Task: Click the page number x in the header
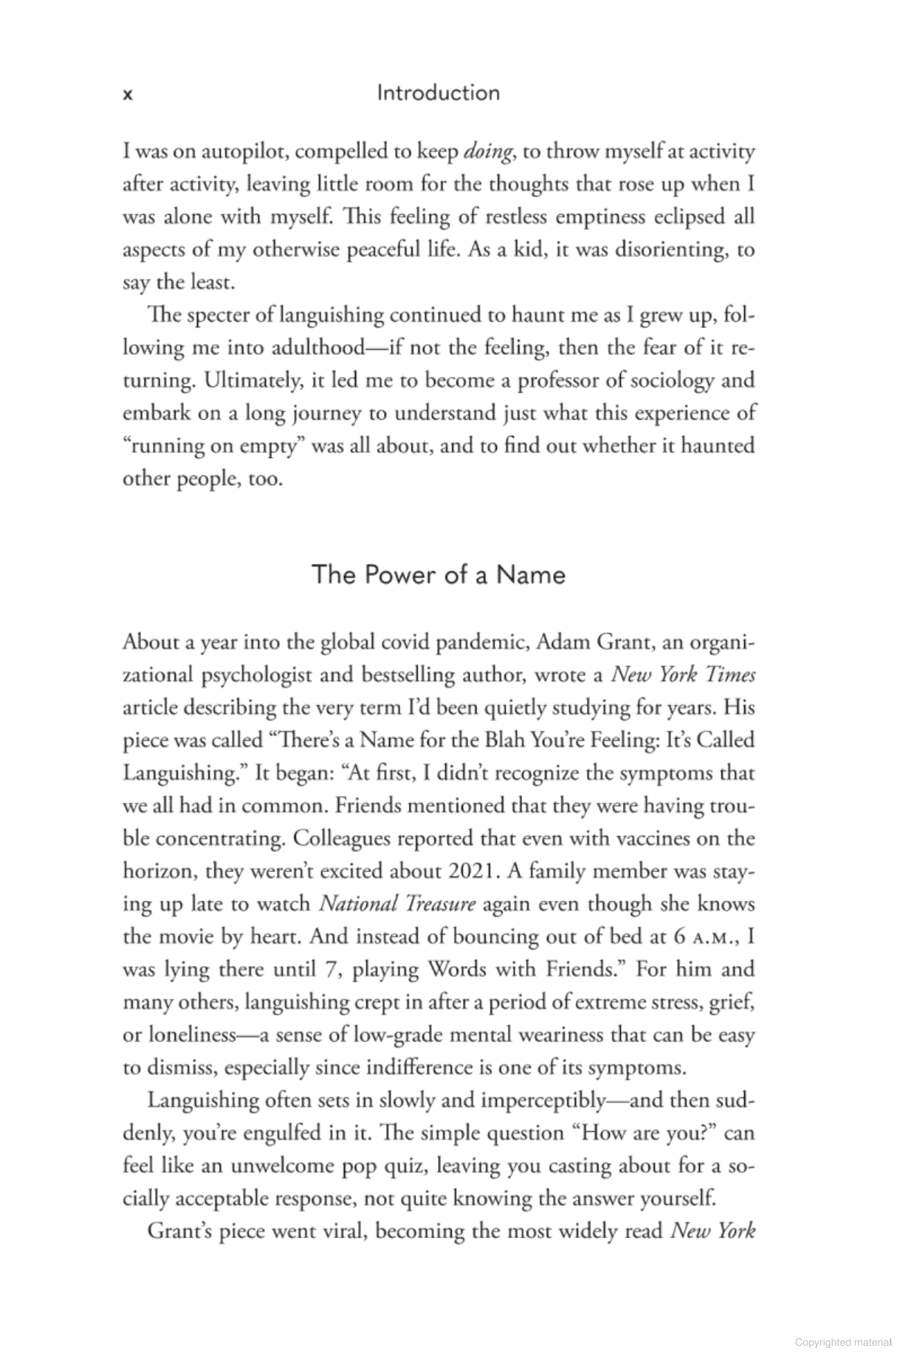tap(128, 95)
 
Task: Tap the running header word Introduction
tap(438, 93)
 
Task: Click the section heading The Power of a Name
tap(438, 575)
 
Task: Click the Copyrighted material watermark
tap(842, 1342)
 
